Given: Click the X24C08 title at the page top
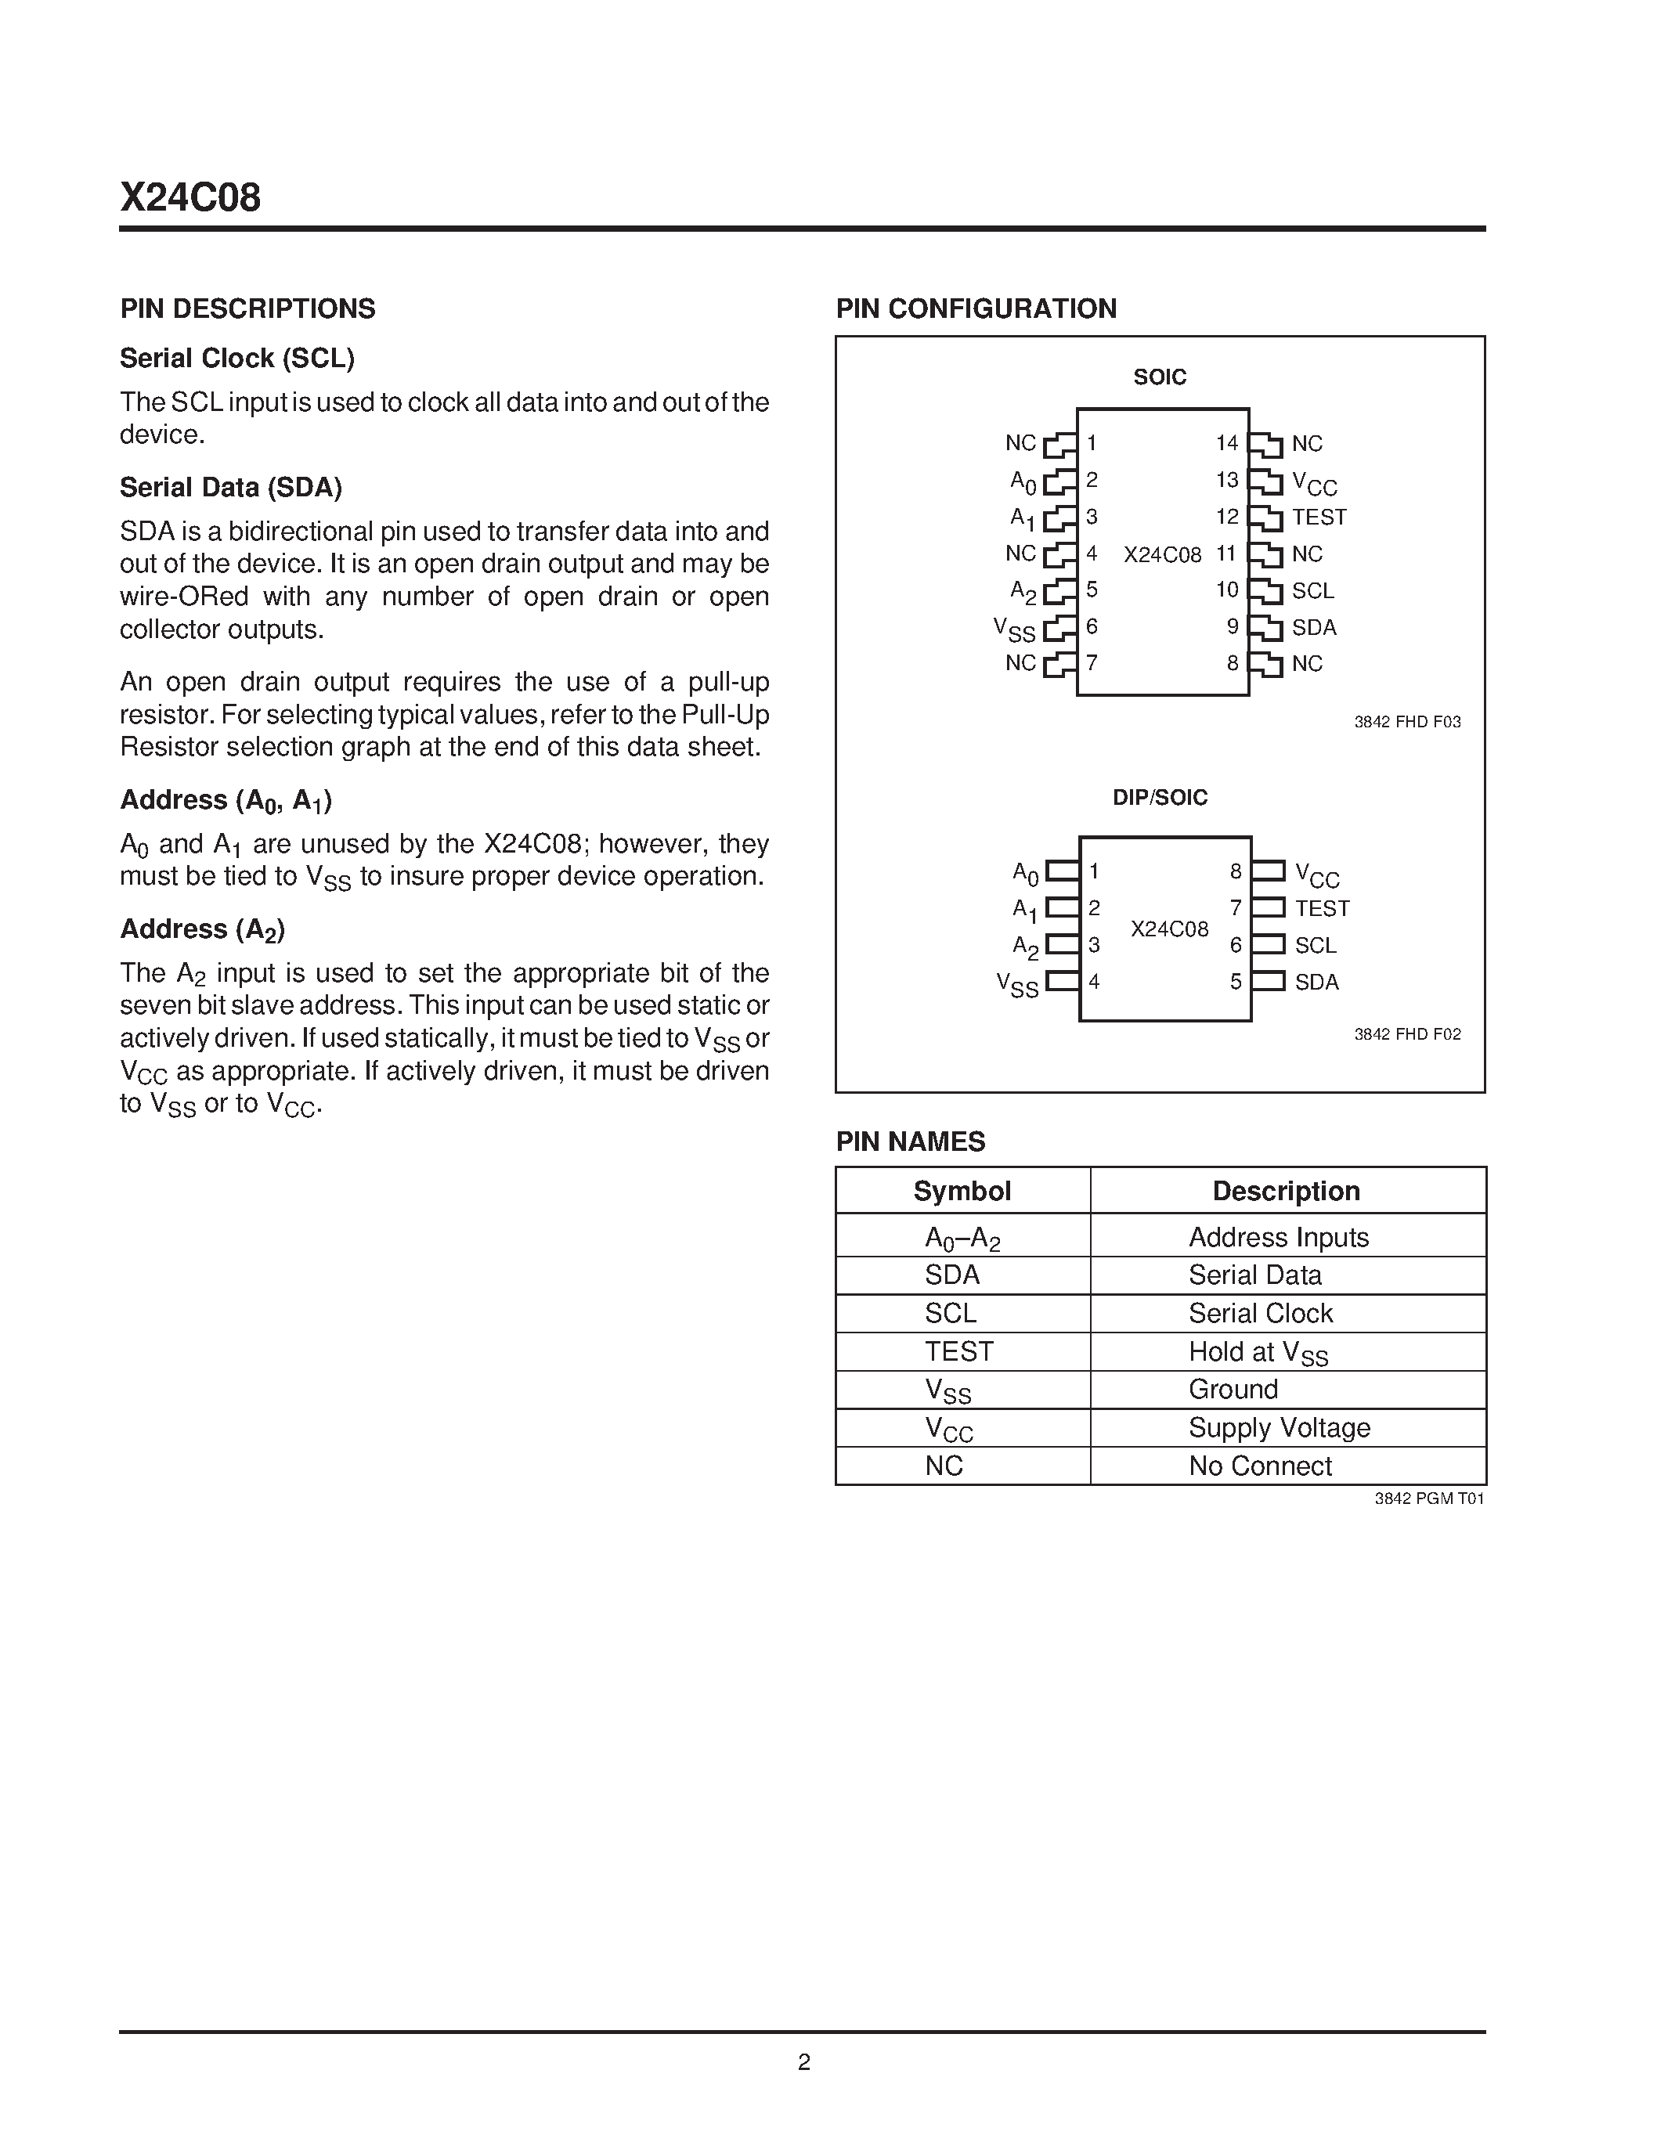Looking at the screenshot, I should [x=190, y=198].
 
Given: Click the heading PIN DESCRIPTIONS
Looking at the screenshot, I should [x=247, y=308].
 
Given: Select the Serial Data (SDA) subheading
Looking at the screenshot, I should [x=231, y=487].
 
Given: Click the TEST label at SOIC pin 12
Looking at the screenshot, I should [x=1318, y=517].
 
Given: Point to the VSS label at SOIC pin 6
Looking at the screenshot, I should [x=1014, y=628].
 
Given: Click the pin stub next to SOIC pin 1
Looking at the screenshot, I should [x=1059, y=445].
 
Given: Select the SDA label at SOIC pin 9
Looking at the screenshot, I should [x=1313, y=627].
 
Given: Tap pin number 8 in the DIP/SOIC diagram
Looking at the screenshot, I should [x=1235, y=871].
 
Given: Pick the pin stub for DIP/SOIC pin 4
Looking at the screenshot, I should [x=1063, y=981].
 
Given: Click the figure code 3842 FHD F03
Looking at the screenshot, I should [x=1406, y=722].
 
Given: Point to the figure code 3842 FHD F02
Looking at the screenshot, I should [x=1406, y=1034].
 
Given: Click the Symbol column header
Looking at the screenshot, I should [x=962, y=1191].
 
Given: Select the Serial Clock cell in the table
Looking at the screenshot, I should [x=1260, y=1313].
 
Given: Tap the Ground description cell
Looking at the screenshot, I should [x=1233, y=1389].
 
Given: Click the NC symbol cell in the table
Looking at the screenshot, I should [x=944, y=1466].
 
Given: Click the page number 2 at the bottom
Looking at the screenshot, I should [x=803, y=2062].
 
